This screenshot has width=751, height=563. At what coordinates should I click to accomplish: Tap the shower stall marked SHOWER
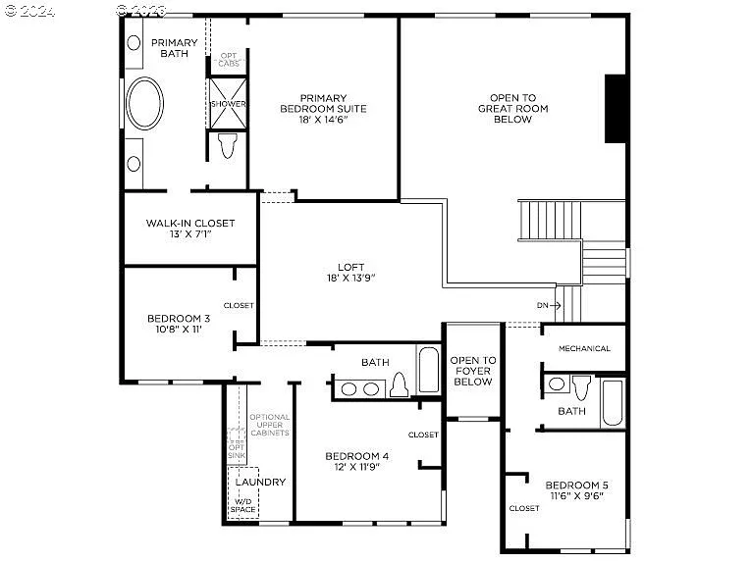pyautogui.click(x=228, y=104)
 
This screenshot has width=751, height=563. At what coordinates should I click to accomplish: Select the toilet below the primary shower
pyautogui.click(x=228, y=146)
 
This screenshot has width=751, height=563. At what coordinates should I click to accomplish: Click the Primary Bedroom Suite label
pyautogui.click(x=323, y=108)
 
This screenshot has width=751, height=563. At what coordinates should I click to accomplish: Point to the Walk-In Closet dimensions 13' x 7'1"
pyautogui.click(x=190, y=234)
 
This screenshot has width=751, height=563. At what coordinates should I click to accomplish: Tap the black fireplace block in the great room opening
pyautogui.click(x=616, y=109)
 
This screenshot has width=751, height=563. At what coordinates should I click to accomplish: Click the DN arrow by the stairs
pyautogui.click(x=548, y=306)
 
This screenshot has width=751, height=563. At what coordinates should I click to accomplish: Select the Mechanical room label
pyautogui.click(x=584, y=348)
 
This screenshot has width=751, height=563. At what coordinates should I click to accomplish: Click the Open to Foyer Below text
pyautogui.click(x=473, y=371)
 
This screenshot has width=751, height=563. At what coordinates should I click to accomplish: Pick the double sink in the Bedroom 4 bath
pyautogui.click(x=360, y=388)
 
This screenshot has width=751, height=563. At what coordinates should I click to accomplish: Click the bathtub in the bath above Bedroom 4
pyautogui.click(x=429, y=370)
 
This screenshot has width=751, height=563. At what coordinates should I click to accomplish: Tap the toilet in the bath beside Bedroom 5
pyautogui.click(x=581, y=384)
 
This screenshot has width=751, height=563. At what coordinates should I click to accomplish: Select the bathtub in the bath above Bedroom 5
pyautogui.click(x=612, y=402)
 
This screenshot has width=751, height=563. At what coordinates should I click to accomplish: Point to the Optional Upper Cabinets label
pyautogui.click(x=269, y=425)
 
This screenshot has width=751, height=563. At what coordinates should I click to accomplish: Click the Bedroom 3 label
pyautogui.click(x=179, y=325)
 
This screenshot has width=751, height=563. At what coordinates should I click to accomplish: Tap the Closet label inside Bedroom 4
pyautogui.click(x=424, y=435)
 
